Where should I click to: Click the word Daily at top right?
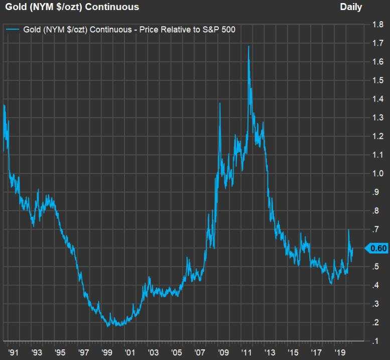[351, 7]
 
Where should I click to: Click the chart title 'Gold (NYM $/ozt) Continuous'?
[72, 7]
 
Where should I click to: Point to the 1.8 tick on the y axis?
[377, 24]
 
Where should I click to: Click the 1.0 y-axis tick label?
[377, 173]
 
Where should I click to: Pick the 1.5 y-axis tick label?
[377, 80]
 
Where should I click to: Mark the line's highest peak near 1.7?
[248, 47]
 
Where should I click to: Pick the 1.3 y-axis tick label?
[377, 118]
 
